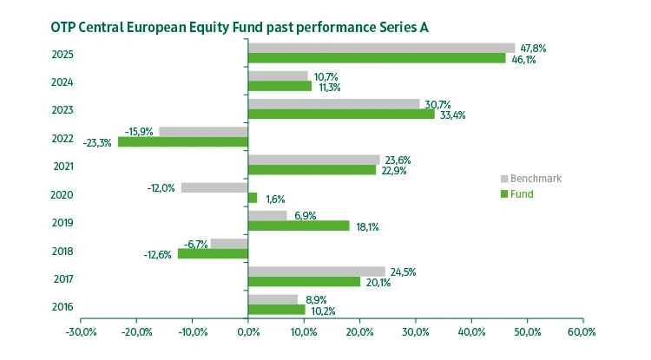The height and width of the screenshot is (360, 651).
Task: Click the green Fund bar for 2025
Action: click(376, 58)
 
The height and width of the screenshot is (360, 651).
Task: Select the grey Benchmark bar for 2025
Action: click(381, 48)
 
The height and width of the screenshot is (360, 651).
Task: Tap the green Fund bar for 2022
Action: click(183, 142)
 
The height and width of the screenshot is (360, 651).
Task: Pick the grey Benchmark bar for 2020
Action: click(214, 187)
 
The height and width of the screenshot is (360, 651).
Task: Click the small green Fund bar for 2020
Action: click(253, 198)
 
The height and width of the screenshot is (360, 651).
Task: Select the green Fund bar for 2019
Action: click(299, 226)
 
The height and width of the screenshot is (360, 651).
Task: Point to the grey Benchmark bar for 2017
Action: click(316, 272)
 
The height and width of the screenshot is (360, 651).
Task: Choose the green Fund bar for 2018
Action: click(213, 253)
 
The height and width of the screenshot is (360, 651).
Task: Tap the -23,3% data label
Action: click(97, 142)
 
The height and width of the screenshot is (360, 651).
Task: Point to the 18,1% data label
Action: click(367, 226)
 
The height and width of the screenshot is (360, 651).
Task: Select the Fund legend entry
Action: click(521, 193)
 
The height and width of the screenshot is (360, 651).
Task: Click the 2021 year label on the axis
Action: click(62, 166)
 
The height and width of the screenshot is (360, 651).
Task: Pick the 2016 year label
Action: click(62, 306)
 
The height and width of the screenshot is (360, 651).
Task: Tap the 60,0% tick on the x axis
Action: click(582, 332)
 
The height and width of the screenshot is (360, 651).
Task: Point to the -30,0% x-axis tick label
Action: click(80, 332)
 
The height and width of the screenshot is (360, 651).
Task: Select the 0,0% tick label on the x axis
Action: click(247, 332)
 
